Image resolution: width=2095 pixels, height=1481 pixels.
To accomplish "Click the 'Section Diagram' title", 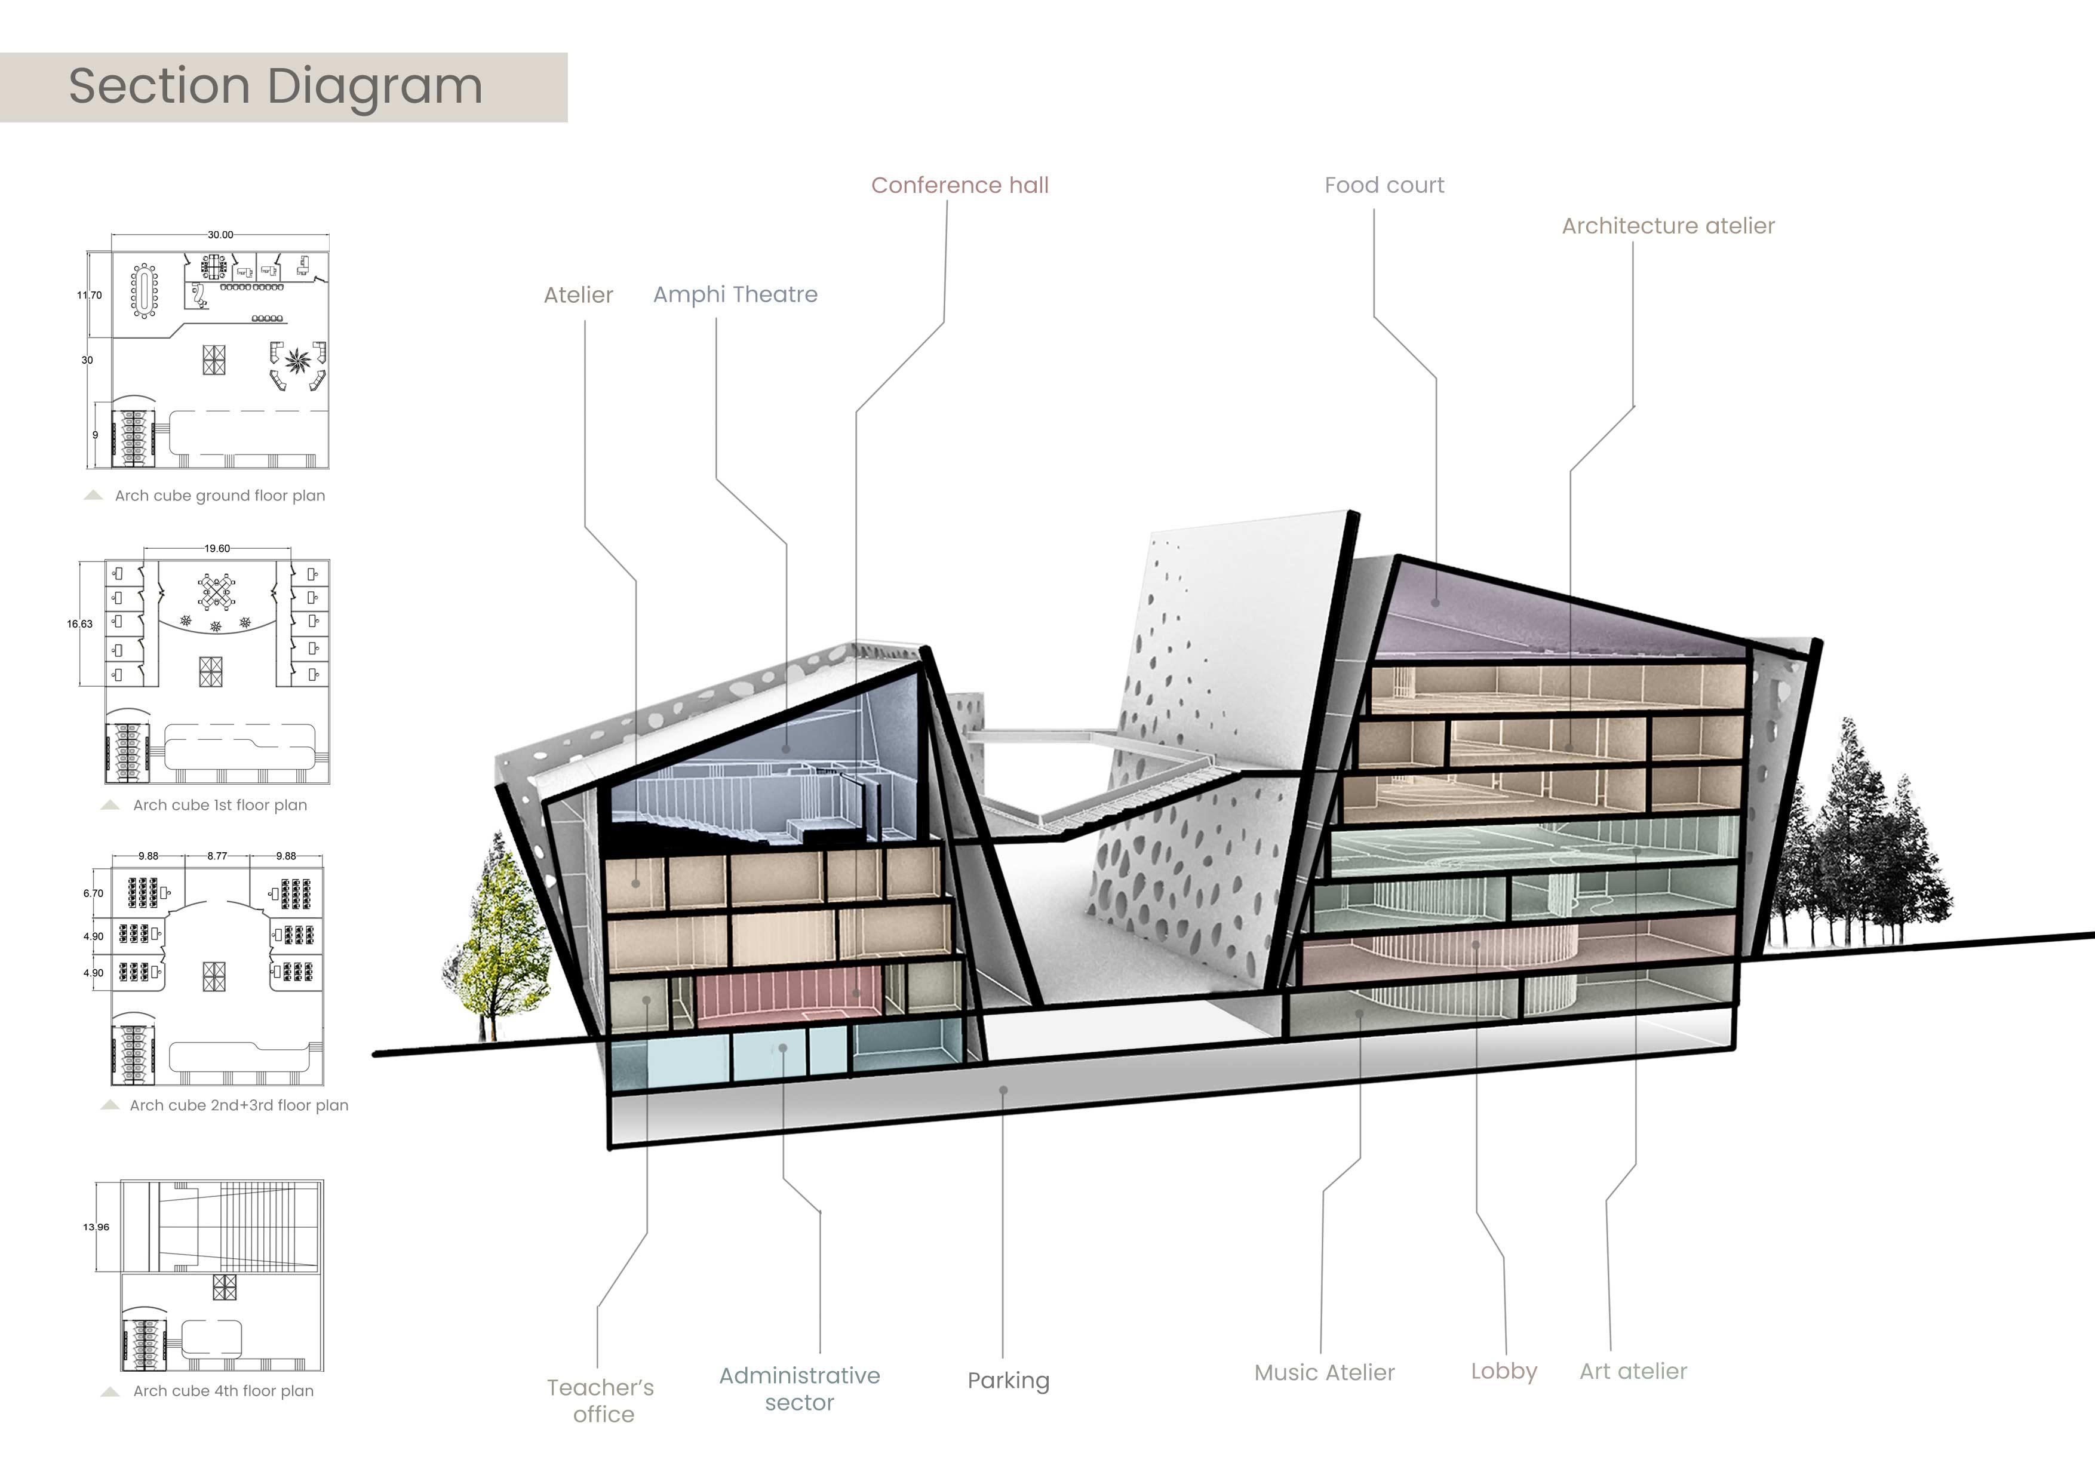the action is click(x=275, y=87).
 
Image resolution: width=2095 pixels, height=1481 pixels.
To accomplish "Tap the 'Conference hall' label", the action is click(x=959, y=185).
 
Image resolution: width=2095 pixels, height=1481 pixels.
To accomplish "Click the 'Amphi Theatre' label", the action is click(x=735, y=295).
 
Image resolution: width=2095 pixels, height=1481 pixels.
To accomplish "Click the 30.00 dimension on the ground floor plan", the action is click(x=220, y=235).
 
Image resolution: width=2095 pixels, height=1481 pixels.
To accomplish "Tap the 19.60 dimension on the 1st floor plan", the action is click(x=217, y=548).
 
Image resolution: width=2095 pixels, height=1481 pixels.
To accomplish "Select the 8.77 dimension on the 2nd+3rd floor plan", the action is click(x=217, y=856).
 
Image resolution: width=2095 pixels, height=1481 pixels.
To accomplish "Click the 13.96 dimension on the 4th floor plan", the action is click(x=96, y=1227).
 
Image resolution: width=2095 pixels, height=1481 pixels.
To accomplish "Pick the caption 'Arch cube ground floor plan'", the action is click(x=219, y=496).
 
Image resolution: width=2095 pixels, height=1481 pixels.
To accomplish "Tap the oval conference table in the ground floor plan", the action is click(x=144, y=290).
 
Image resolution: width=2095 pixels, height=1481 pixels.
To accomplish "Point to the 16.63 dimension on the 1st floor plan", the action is click(x=79, y=624).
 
